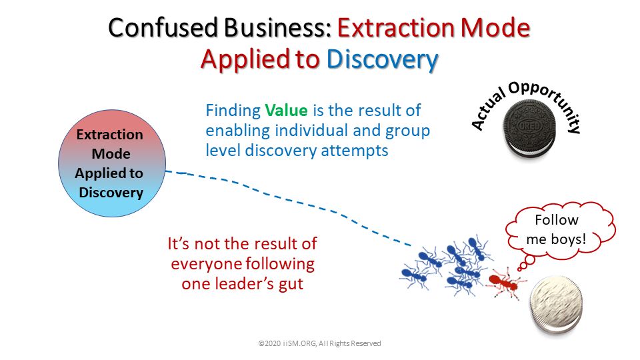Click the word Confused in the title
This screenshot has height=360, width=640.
click(x=163, y=28)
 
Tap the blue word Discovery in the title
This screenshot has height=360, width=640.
click(x=382, y=59)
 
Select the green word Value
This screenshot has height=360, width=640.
click(x=286, y=110)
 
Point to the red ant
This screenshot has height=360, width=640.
click(x=505, y=281)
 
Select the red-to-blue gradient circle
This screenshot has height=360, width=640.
click(x=112, y=163)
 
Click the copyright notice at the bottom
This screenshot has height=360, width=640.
click(x=319, y=344)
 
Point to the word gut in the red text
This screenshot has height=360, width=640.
click(x=291, y=284)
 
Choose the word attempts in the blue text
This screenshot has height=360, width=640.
click(x=354, y=151)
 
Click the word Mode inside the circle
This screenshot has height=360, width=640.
click(x=111, y=154)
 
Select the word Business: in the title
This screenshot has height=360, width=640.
click(x=277, y=28)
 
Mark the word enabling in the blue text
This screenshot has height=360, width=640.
click(x=237, y=131)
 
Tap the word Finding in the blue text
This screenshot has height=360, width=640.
click(x=233, y=111)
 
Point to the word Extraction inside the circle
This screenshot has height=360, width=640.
click(x=110, y=135)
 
